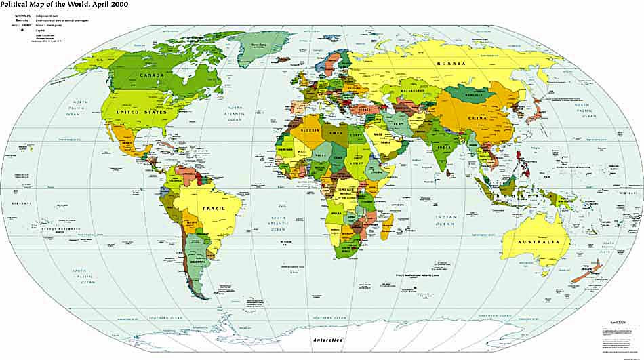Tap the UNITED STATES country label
[142, 111]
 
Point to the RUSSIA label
[451, 64]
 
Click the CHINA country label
[477, 119]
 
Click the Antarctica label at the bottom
[327, 338]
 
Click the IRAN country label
[400, 125]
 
